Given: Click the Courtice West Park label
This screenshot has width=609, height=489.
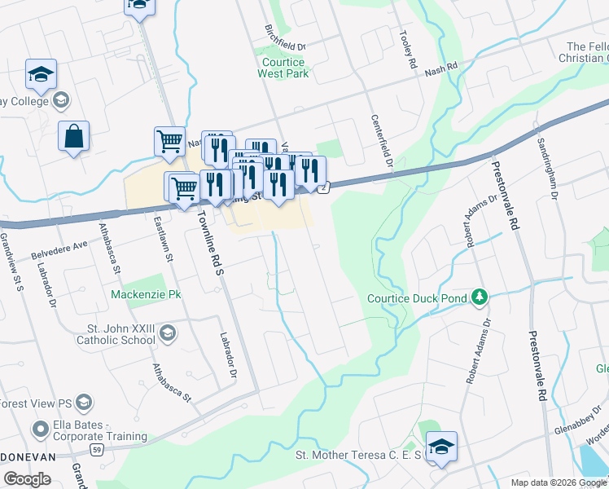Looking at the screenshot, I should (x=283, y=68).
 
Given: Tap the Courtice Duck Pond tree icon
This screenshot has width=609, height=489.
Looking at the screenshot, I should (x=481, y=297).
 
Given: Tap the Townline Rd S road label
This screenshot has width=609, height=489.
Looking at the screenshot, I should (x=208, y=243).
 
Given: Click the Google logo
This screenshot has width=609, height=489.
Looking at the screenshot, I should (x=27, y=479).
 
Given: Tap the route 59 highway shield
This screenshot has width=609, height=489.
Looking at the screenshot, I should (x=97, y=450).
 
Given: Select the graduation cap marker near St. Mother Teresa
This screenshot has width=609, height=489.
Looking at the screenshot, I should (x=441, y=447).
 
